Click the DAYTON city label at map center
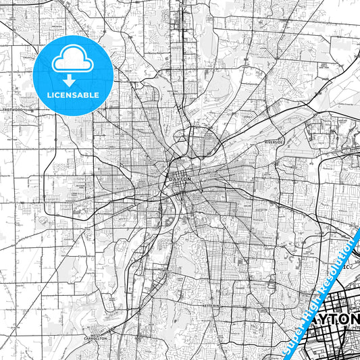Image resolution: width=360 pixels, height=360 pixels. tap(180, 179)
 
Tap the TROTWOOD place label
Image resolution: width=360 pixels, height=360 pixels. tap(13, 109)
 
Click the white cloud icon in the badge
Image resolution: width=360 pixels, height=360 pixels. tap(73, 61)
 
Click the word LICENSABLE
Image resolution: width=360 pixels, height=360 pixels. tap(73, 95)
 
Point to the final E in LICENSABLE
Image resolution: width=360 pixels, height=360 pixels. tap(97, 95)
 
